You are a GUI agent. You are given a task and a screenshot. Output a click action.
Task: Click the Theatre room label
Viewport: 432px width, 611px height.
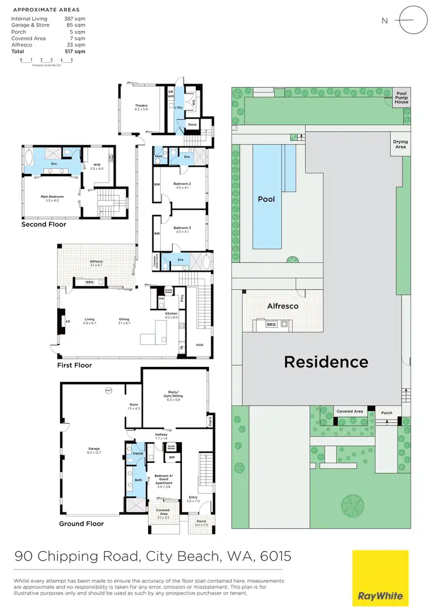141,107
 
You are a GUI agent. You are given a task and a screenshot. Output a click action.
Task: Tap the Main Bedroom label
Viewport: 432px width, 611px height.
52,197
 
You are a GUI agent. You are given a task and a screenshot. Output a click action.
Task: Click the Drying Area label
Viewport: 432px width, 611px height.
400,144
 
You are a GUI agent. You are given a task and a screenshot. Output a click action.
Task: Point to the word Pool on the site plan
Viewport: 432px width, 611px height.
266,199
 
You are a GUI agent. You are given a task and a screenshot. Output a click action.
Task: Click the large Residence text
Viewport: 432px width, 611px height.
326,362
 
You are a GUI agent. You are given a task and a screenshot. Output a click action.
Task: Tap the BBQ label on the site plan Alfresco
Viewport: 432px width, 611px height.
271,324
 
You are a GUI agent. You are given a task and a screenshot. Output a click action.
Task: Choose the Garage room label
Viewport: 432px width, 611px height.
93,452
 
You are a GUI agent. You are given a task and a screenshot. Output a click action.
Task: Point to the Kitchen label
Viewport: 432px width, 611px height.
172,315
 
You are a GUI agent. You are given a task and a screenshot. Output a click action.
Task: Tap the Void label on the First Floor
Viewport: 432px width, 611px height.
199,345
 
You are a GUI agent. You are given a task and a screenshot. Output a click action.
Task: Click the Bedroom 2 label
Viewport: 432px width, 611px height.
182,185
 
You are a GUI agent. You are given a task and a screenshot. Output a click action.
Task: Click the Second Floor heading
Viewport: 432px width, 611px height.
44,225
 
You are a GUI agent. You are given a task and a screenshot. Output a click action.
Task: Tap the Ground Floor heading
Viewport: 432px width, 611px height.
81,524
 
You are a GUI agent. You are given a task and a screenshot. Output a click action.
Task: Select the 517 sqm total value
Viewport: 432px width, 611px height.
75,52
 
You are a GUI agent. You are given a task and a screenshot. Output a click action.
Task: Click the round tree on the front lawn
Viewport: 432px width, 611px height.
353,506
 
